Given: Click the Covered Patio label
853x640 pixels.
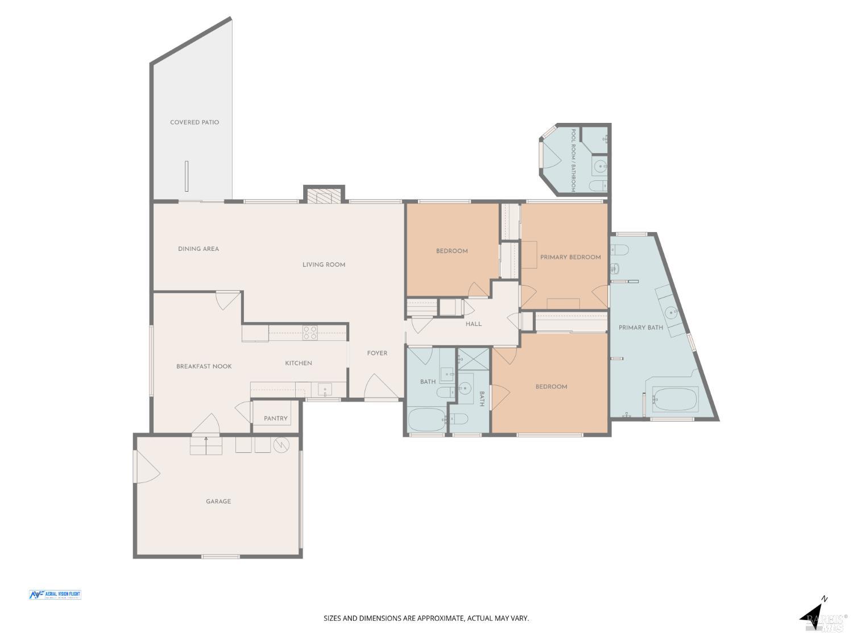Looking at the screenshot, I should click(194, 122).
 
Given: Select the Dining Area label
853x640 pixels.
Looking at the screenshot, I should click(198, 249).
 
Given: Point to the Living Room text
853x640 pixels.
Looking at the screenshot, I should click(324, 265).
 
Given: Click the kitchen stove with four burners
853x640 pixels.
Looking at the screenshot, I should click(310, 333).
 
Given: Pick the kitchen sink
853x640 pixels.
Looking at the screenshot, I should click(325, 390).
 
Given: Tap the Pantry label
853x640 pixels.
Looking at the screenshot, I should click(276, 418).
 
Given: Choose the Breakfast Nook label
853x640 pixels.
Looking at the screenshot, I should click(204, 366).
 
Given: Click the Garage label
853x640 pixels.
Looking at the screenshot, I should click(218, 501).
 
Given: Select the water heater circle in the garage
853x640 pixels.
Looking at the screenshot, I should click(281, 445).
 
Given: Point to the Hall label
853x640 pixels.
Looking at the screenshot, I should click(473, 324).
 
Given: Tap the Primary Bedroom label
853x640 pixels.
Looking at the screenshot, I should click(570, 257).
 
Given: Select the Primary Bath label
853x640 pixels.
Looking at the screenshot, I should click(641, 327).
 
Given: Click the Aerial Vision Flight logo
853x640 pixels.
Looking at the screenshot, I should click(55, 594).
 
